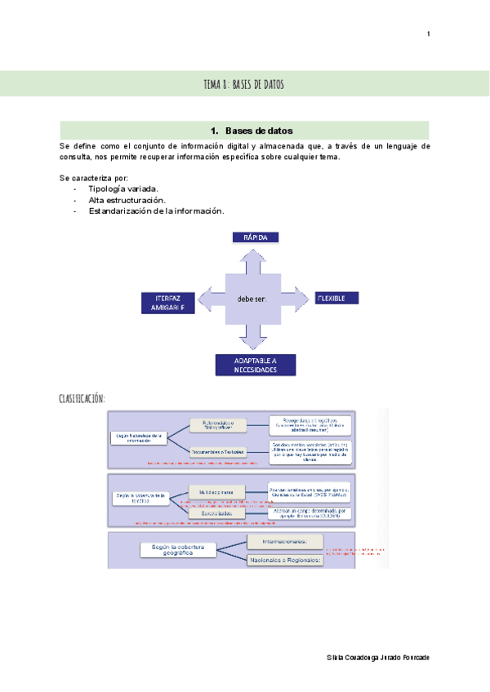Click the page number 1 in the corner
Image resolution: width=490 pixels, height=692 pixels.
428,33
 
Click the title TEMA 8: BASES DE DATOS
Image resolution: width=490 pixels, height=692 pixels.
244,84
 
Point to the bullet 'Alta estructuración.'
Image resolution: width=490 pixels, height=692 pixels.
127,200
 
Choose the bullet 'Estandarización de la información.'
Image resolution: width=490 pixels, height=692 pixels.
155,211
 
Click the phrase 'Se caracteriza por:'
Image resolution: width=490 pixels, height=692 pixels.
93,178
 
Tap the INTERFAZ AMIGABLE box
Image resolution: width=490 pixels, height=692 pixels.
168,303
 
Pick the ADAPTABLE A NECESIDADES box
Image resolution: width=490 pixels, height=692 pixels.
255,365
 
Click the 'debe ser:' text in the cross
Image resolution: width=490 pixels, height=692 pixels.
252,299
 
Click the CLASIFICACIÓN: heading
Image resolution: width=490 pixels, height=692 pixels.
82,397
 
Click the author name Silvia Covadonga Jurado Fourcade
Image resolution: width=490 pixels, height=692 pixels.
377,657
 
